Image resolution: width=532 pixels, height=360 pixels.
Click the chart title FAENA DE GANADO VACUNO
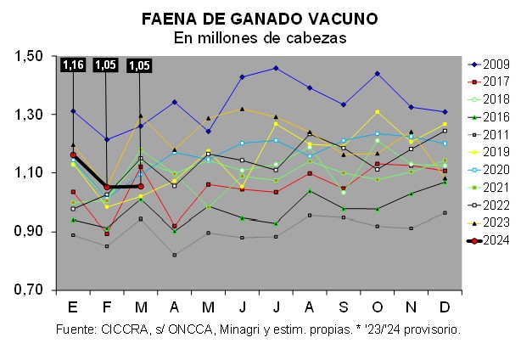[260, 18]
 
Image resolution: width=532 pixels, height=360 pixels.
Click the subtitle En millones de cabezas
[260, 37]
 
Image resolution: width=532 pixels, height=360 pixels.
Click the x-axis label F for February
[106, 306]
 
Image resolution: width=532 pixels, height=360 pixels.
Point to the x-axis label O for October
[377, 306]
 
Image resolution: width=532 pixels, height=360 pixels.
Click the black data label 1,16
[73, 65]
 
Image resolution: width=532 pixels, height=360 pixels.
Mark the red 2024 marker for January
[73, 155]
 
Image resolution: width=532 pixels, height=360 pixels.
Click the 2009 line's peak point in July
[275, 68]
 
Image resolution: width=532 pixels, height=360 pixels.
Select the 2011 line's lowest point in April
[174, 255]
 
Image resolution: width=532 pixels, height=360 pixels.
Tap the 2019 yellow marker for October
[377, 112]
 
